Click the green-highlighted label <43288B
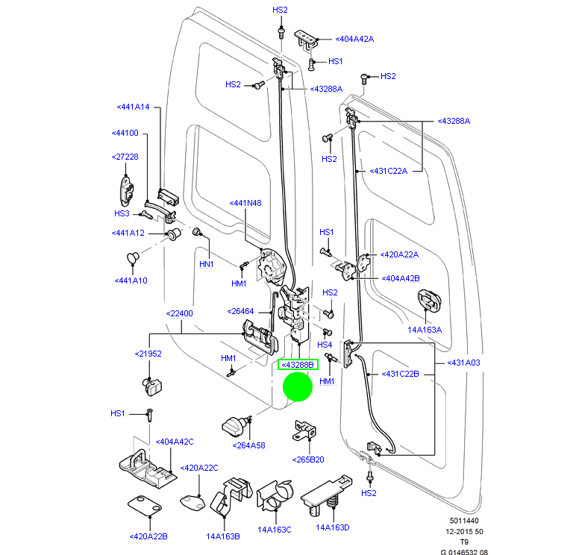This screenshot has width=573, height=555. coord(298,365)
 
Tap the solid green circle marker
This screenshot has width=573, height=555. coord(298,387)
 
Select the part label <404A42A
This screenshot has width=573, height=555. coord(354,38)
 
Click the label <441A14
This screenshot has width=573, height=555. coord(133,107)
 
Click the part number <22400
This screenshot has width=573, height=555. coord(179,313)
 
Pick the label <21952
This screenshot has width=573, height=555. coord(148,354)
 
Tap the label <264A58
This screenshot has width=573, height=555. coord(248,445)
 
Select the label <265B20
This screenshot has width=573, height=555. coord(307,460)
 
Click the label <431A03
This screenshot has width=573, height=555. coord(465,363)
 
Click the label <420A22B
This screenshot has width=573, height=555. coord(148,536)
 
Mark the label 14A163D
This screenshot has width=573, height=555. coord(332,527)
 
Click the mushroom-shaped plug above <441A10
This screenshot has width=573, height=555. coord(134,257)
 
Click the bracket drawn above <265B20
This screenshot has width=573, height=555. coord(305,430)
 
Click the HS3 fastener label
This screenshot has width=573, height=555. coord(122,213)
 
